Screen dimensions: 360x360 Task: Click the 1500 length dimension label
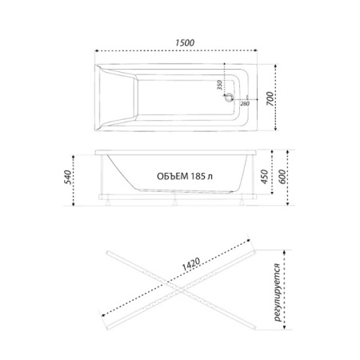click(185, 42)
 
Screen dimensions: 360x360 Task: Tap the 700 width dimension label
click(270, 98)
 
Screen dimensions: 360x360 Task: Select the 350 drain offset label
click(219, 85)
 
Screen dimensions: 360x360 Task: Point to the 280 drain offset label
click(245, 104)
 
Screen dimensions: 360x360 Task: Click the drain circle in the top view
click(229, 98)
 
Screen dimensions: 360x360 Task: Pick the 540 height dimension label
click(68, 177)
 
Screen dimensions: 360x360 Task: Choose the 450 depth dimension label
click(264, 176)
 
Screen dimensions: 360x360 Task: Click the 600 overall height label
click(282, 176)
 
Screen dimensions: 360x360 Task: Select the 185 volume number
click(198, 176)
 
